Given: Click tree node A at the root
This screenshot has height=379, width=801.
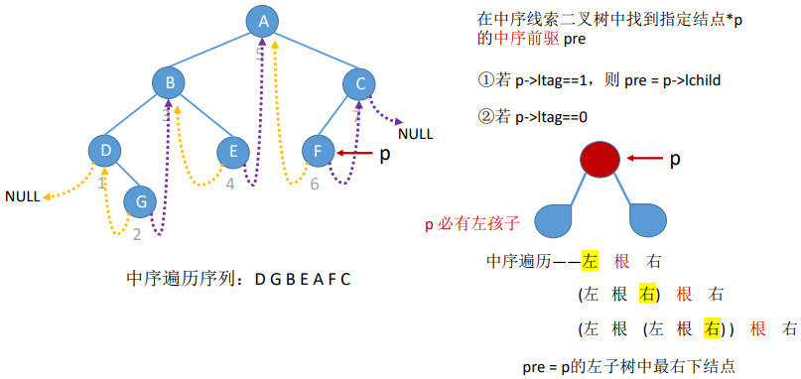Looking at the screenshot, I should (x=262, y=21).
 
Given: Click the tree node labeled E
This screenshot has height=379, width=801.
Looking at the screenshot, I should (x=233, y=151).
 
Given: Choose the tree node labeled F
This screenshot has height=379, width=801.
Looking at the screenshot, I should (x=318, y=151).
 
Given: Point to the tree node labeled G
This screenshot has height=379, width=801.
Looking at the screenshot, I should (x=141, y=200).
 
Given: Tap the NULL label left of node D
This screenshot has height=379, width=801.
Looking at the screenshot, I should (x=23, y=196).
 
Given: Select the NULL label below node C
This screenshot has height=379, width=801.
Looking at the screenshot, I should (x=415, y=132).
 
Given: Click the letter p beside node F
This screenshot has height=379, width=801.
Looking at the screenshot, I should (x=387, y=154).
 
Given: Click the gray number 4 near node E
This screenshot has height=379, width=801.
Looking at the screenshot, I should (x=229, y=184).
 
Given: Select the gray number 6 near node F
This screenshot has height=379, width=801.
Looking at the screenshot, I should (x=314, y=184).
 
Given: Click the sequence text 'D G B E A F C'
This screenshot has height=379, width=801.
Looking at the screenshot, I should (x=302, y=279).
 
